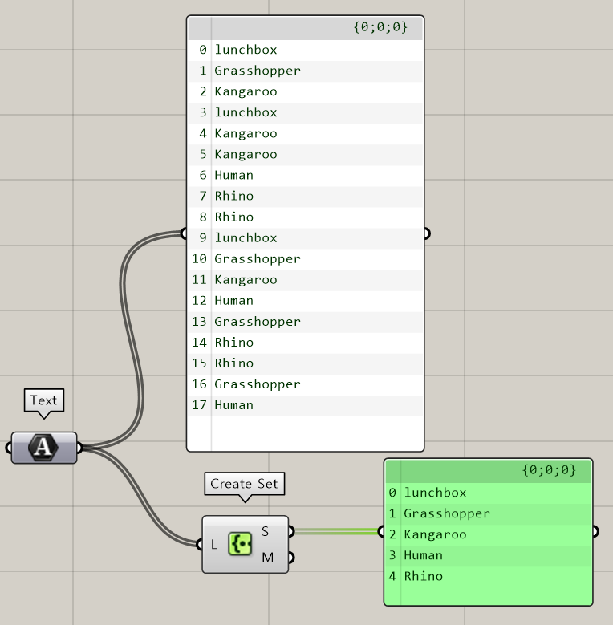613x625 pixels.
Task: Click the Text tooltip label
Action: click(43, 400)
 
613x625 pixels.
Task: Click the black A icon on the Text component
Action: click(43, 448)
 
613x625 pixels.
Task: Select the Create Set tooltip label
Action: click(244, 484)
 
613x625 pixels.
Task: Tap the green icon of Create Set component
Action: click(240, 544)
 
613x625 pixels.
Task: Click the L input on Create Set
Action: click(214, 545)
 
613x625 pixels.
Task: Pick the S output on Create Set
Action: click(266, 531)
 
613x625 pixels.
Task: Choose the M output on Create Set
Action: click(267, 558)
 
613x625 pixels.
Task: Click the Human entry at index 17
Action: click(233, 405)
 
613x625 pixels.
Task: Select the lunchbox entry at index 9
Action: click(246, 237)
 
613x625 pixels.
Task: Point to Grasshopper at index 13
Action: click(257, 322)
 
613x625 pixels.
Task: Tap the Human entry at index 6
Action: click(233, 175)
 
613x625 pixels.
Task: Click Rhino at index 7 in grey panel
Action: click(233, 196)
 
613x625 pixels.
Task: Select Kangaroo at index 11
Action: click(246, 280)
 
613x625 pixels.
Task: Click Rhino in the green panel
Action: click(423, 576)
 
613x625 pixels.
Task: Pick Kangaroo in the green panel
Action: click(435, 534)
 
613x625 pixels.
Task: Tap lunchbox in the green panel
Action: click(435, 493)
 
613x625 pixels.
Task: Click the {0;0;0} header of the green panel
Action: click(549, 470)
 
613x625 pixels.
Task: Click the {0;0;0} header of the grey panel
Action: click(380, 27)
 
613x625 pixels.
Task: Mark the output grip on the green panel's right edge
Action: click(594, 530)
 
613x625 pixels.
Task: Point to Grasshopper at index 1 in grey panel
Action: click(257, 71)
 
